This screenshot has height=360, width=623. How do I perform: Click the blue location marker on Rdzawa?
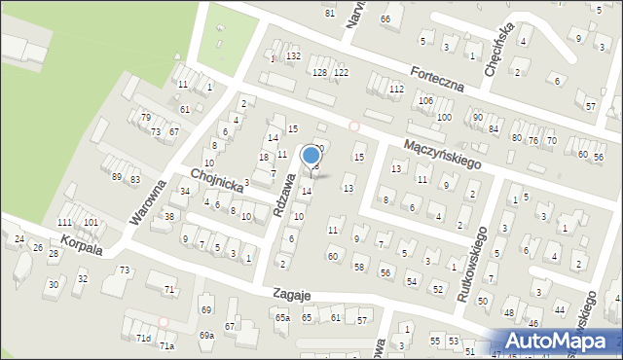point(311,156)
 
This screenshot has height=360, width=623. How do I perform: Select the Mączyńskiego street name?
point(443,155)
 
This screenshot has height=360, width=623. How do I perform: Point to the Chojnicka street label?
point(215,182)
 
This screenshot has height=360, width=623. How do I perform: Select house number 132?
point(293,56)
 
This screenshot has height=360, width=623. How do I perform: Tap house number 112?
point(396,89)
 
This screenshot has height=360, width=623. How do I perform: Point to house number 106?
point(425,101)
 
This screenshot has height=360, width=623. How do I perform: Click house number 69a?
point(206,335)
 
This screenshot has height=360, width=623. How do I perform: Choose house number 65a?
point(281,317)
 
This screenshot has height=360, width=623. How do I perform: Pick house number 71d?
point(143,338)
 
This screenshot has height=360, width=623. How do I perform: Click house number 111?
point(65,223)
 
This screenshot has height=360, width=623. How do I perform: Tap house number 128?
point(319,73)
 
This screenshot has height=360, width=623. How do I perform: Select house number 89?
point(117,176)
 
